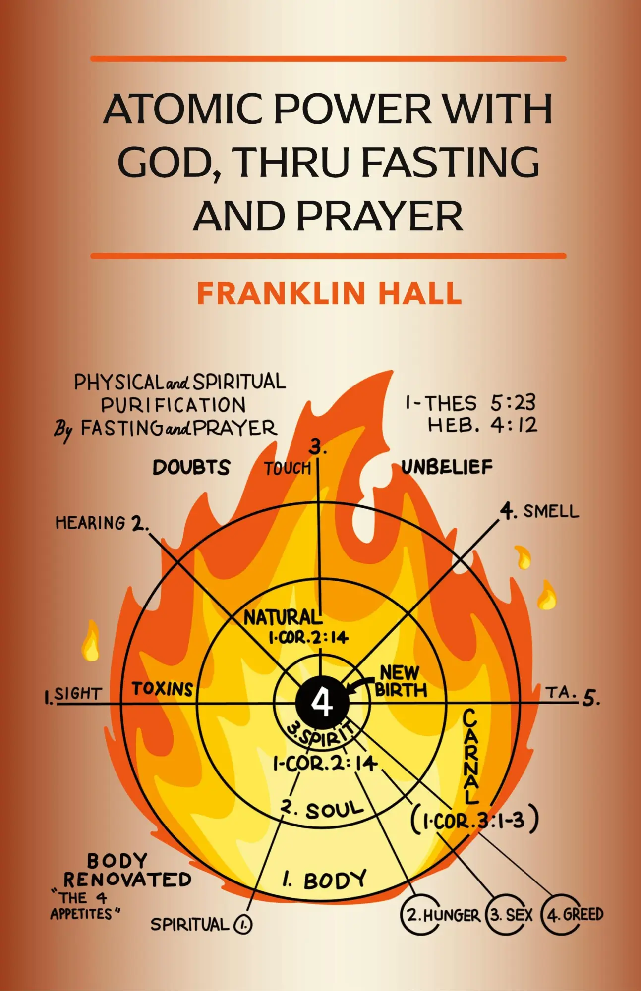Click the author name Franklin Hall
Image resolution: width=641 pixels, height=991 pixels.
point(329,293)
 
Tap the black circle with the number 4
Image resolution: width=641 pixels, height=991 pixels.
point(322,702)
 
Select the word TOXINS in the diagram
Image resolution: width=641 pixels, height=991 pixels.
point(162,689)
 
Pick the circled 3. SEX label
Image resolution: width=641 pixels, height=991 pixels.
point(511,915)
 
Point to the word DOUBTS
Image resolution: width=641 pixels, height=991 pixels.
point(191,467)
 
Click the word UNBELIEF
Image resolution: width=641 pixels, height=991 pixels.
point(447,467)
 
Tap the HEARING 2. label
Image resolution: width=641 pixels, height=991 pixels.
point(101,523)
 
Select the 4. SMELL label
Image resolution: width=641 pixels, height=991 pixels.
point(539,511)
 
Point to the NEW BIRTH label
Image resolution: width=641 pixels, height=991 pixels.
point(401,681)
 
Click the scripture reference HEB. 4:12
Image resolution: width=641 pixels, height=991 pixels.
point(482,425)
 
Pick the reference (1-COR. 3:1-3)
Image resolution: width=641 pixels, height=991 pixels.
point(474,820)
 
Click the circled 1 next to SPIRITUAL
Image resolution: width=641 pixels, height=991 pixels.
point(243,924)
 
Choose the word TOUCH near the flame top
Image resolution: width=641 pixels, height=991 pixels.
point(287,468)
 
